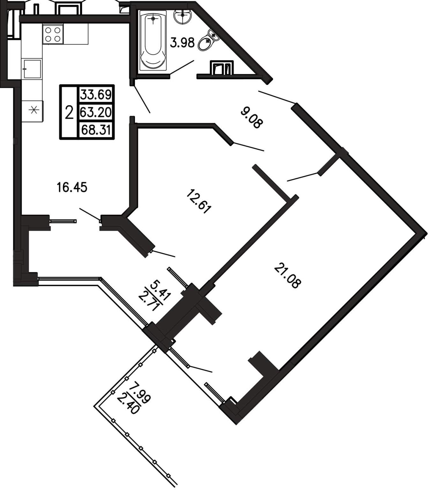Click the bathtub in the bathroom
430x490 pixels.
coord(153,41)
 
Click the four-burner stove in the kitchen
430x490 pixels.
coord(53,34)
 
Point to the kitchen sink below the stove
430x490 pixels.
coord(32,69)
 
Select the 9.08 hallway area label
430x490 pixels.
coord(251,118)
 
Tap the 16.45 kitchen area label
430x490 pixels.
coord(72,188)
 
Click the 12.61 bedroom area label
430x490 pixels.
coord(199,202)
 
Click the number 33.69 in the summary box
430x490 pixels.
coord(96,94)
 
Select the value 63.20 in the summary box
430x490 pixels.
coord(96,112)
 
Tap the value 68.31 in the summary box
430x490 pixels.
coord(96,130)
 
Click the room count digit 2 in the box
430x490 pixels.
coord(69,113)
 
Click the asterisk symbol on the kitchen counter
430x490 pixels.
coord(33,110)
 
